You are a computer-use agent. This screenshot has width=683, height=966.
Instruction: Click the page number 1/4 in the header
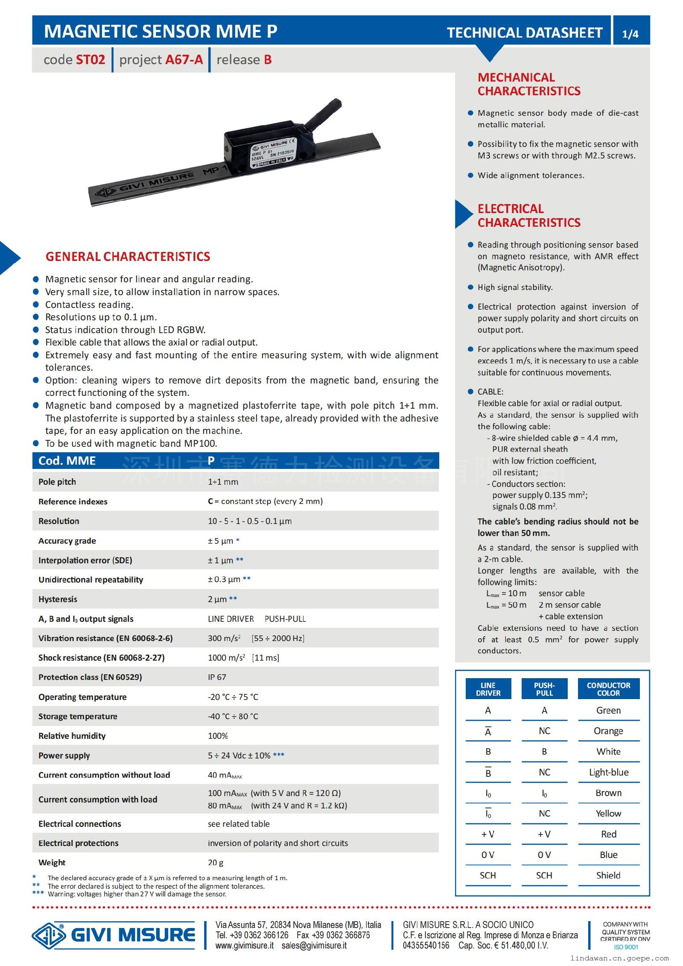coord(630,34)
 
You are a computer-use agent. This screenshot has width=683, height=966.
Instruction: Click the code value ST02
coord(90,60)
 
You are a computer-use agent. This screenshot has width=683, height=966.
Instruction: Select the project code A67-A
coord(184,60)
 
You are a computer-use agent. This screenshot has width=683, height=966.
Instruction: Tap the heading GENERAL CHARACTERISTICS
coord(128,257)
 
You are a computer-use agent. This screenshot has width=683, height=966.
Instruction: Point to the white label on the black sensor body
coord(272,154)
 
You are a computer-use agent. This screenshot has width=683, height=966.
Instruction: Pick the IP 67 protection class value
coord(217,677)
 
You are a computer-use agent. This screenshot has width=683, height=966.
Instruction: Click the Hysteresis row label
coord(58,599)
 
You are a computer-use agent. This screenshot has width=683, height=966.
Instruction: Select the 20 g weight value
coord(216,862)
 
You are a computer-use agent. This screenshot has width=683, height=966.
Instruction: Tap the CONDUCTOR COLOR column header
coord(608,689)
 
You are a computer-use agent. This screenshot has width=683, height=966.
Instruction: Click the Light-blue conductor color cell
coord(608,772)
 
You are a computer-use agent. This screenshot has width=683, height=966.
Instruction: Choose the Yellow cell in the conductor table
coord(608,813)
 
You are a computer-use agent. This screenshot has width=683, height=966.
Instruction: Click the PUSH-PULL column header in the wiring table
coord(544,689)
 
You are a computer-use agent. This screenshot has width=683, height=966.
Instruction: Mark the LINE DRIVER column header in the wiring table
coord(488,689)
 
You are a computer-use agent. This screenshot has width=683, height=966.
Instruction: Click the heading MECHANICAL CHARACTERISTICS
coord(528,84)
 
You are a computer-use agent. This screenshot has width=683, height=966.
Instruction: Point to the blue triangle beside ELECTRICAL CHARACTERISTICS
coord(463,214)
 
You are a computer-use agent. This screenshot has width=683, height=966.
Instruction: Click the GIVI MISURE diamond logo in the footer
coord(49,935)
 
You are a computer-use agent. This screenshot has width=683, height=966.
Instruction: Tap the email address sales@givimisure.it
coord(314,946)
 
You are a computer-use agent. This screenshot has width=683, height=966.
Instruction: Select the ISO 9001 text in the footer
coord(625,947)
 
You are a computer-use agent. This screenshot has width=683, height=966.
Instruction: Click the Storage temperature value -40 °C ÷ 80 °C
coord(233,716)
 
